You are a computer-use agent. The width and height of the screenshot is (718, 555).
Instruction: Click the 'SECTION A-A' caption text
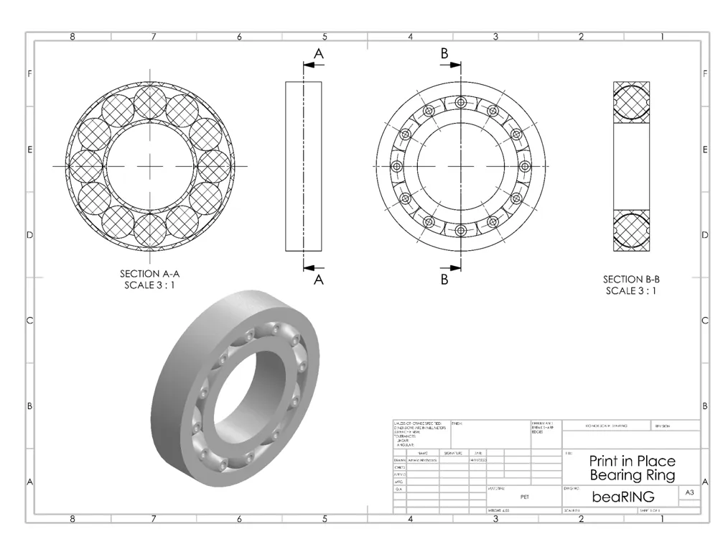(x=149, y=274)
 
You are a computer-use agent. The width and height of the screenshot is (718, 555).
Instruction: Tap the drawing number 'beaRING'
(x=623, y=497)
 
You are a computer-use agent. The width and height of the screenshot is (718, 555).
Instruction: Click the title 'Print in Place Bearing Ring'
(x=632, y=468)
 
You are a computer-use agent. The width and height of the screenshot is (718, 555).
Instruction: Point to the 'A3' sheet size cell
(x=689, y=492)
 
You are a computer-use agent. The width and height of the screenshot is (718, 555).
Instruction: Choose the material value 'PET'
(x=524, y=496)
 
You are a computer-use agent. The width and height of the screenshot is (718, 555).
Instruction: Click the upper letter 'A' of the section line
(x=319, y=54)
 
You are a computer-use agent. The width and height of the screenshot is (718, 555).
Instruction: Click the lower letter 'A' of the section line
(x=319, y=280)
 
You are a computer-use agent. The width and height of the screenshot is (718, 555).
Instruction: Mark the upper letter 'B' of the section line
(x=444, y=54)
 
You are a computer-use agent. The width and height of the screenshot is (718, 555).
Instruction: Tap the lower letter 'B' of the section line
(x=444, y=280)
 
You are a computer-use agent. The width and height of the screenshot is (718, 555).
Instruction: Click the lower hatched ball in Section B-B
(x=631, y=229)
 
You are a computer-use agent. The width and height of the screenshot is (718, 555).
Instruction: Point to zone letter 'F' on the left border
(x=30, y=73)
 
